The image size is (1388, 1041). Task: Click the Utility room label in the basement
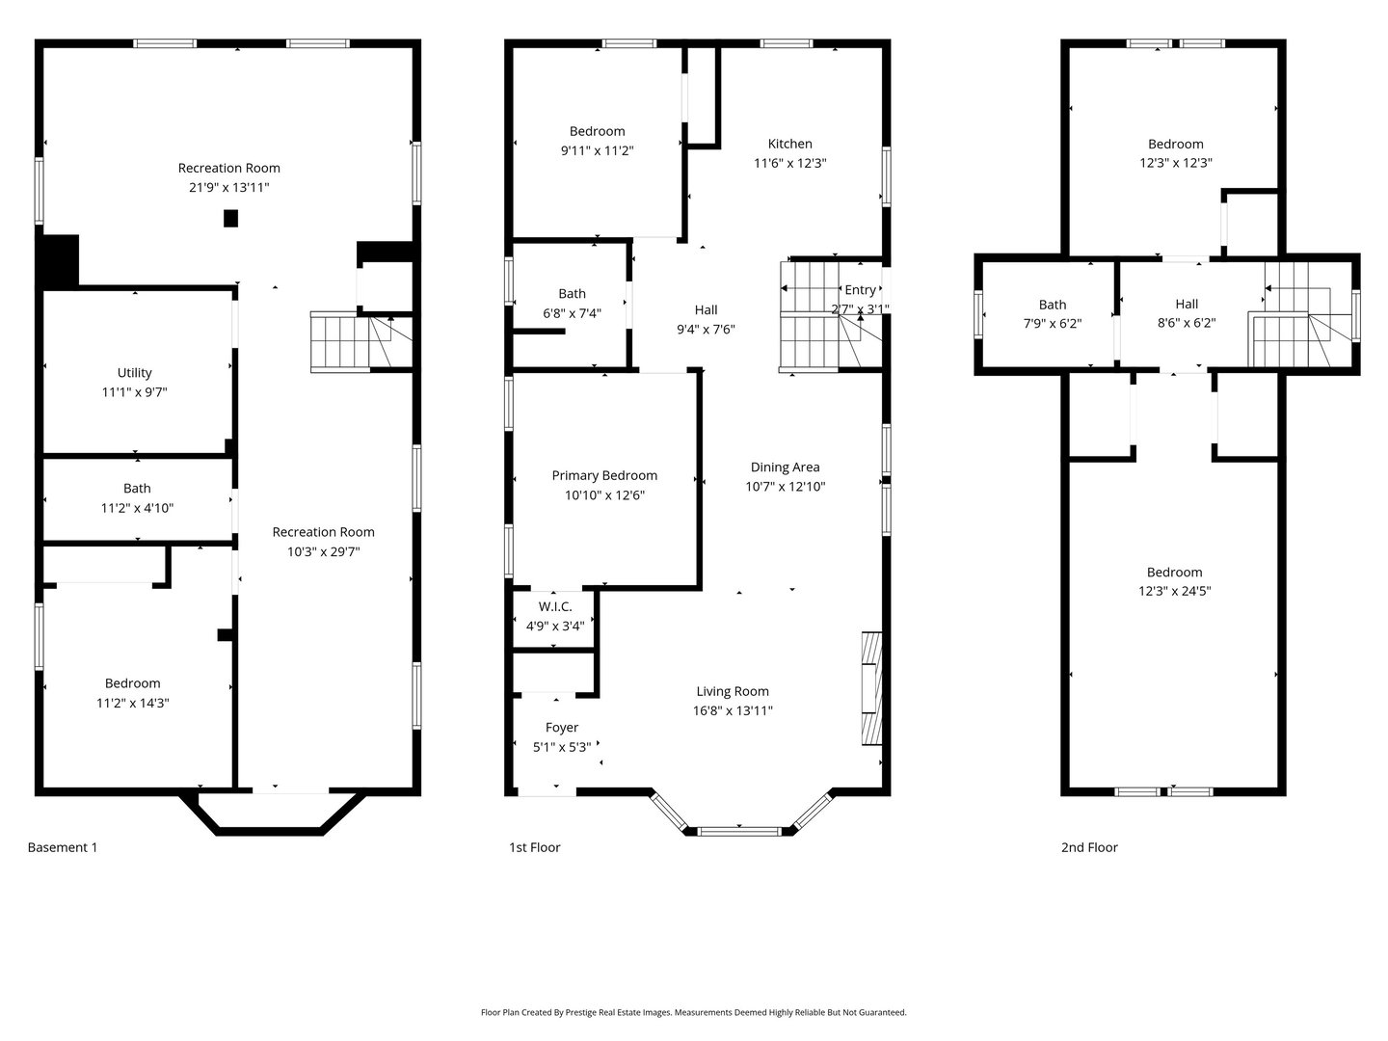135,373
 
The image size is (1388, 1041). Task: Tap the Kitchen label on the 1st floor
789,144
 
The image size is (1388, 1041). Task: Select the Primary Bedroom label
604,475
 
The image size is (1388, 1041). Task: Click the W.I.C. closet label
555,606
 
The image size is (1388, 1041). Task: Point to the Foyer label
562,728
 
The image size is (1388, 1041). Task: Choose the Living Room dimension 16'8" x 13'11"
733,710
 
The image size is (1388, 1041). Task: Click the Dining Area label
785,467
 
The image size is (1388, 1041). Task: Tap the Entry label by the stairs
860,290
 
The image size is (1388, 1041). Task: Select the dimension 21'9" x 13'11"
229,187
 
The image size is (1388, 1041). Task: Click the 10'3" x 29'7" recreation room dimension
323,551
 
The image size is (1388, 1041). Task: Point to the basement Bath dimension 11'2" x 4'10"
137,508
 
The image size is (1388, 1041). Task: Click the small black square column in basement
230,219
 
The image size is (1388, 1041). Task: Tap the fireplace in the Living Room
871,687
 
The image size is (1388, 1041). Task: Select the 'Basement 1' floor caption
63,848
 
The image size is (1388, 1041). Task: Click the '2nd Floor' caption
1089,848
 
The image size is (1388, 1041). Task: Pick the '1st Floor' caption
535,848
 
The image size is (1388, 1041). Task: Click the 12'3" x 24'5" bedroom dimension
1174,592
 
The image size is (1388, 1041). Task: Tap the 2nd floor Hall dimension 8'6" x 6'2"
1187,324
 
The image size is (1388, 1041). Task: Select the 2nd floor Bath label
1052,305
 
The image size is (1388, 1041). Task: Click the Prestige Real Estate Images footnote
693,1013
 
